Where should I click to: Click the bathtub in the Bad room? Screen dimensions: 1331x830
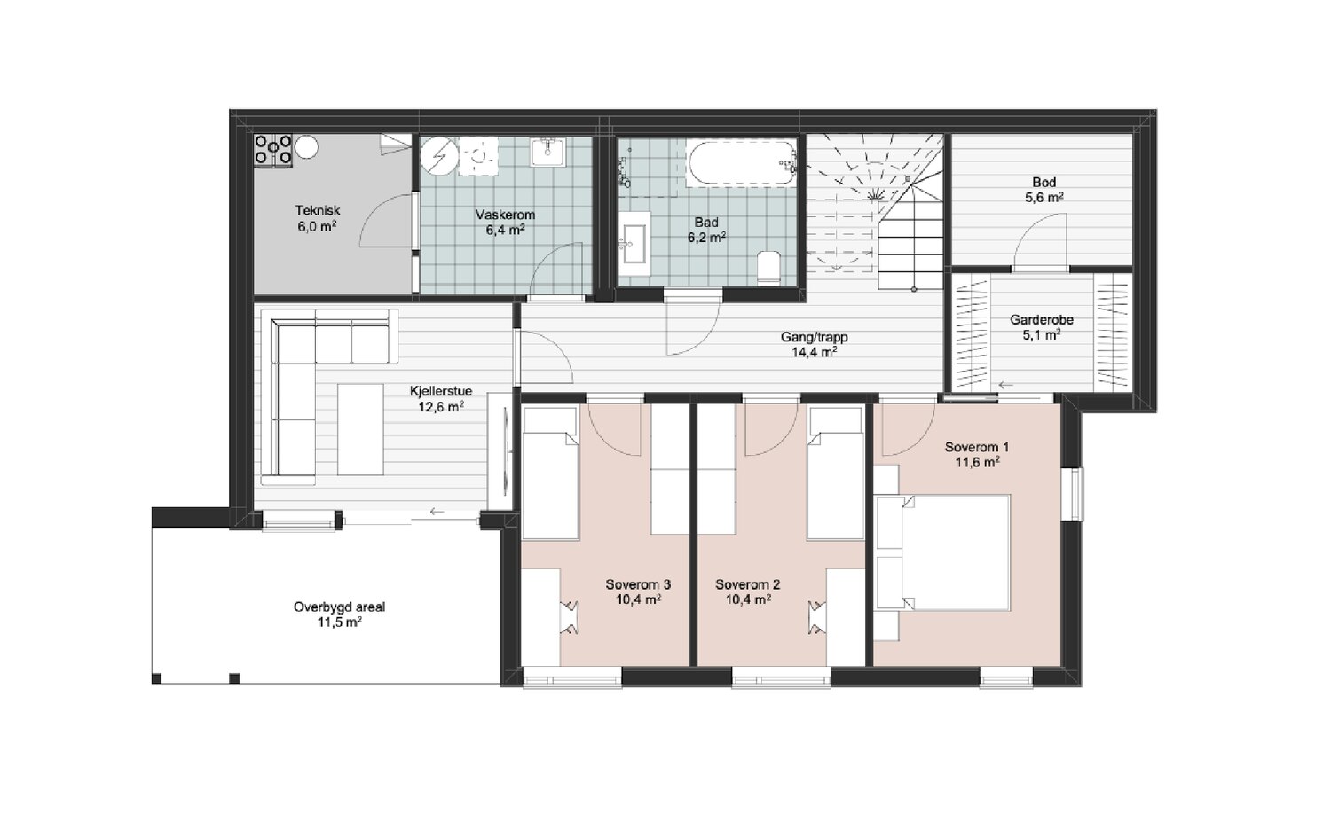tap(741, 162)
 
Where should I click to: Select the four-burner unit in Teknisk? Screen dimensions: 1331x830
tap(273, 149)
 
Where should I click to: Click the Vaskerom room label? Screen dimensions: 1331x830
tap(505, 215)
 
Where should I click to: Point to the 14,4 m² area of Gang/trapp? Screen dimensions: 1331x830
tap(814, 352)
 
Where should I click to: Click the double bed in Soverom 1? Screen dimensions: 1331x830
tap(943, 552)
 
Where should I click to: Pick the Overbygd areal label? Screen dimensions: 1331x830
tap(339, 607)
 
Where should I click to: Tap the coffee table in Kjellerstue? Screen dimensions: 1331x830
tap(360, 429)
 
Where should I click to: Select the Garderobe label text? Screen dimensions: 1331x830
tap(1042, 320)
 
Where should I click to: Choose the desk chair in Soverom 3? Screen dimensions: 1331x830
tap(570, 617)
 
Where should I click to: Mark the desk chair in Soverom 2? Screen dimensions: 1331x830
tap(817, 617)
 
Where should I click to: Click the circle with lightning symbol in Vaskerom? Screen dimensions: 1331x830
tap(439, 156)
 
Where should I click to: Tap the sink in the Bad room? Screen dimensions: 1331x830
tap(634, 244)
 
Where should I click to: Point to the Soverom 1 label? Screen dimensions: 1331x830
tap(977, 447)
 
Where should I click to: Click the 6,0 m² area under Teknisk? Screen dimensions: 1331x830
tap(318, 226)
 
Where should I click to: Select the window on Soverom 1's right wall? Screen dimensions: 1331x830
tap(1076, 494)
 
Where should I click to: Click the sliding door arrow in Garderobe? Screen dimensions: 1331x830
tap(1005, 385)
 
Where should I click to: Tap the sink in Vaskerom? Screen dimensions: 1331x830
tap(547, 153)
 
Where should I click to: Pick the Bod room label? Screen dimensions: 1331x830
tap(1044, 183)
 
